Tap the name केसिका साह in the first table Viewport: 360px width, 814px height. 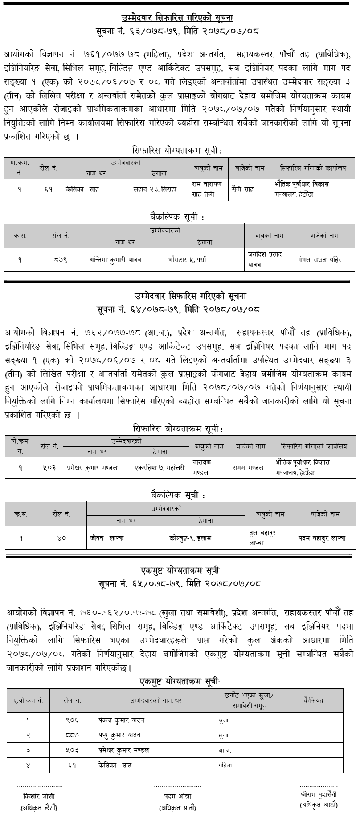pyautogui.click(x=82, y=189)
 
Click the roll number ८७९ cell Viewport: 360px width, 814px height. pyautogui.click(x=61, y=260)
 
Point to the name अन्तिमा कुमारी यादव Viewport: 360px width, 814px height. pyautogui.click(x=115, y=260)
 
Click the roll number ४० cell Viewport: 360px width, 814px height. pyautogui.click(x=61, y=538)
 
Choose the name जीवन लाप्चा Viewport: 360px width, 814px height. pyautogui.click(x=107, y=538)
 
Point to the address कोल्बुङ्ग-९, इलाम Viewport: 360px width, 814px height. pyautogui.click(x=190, y=538)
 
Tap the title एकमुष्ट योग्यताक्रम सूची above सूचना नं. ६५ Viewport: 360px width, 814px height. pyautogui.click(x=179, y=570)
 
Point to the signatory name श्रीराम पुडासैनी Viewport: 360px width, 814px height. pyautogui.click(x=319, y=794)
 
